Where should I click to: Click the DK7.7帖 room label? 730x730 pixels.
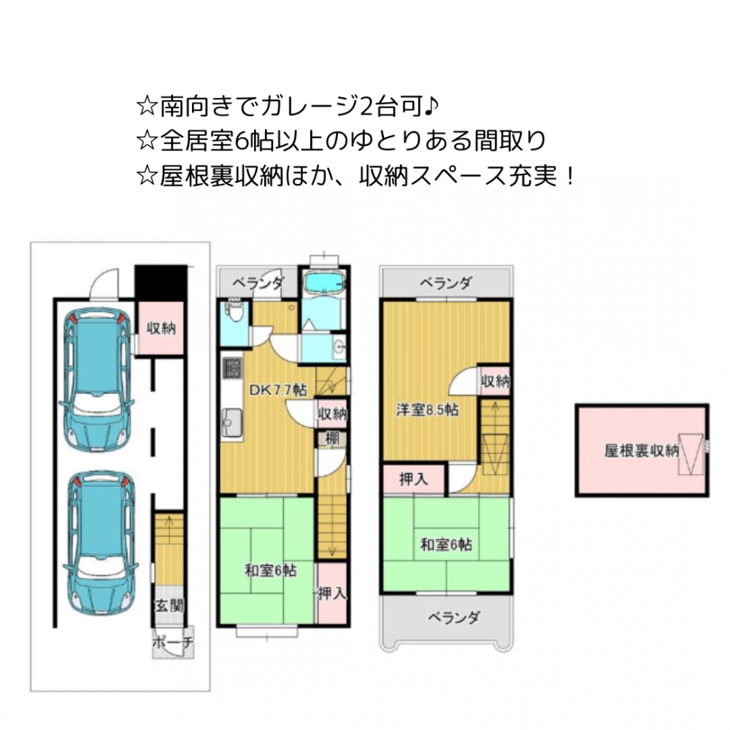click(278, 390)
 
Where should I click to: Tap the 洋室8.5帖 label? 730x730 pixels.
click(427, 410)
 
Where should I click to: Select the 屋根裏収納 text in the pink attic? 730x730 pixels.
click(642, 450)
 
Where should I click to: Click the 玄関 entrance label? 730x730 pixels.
click(169, 606)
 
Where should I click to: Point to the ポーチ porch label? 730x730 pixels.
click(173, 642)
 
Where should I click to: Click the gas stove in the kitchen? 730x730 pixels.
click(233, 367)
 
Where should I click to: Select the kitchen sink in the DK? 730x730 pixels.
click(232, 423)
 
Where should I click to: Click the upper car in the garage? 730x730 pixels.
click(97, 380)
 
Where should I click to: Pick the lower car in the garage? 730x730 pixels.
click(101, 543)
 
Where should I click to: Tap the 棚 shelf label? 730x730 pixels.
click(332, 439)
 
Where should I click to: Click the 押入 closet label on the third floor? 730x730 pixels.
click(414, 479)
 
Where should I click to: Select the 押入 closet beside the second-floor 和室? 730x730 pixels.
click(332, 593)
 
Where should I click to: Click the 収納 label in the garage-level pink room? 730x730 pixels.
click(161, 328)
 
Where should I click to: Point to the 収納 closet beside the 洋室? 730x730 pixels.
click(496, 381)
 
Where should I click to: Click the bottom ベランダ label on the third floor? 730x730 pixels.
click(453, 618)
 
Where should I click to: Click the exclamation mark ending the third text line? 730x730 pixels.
click(571, 177)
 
